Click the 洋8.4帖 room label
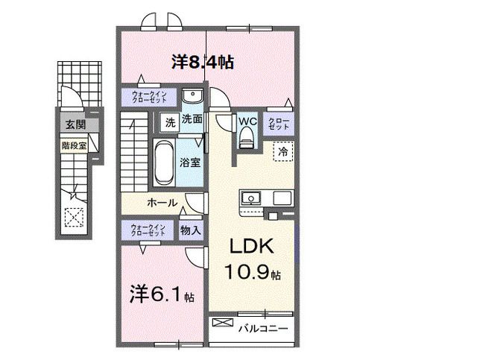pyautogui.click(x=202, y=63)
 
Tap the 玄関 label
pyautogui.click(x=73, y=124)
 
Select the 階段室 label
pyautogui.click(x=74, y=146)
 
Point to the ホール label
pyautogui.click(x=161, y=202)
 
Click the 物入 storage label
pyautogui.click(x=191, y=230)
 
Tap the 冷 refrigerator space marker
pyautogui.click(x=284, y=151)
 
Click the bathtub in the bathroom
pyautogui.click(x=163, y=162)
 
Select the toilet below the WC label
pyautogui.click(x=247, y=138)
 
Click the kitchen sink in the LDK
pyautogui.click(x=250, y=199)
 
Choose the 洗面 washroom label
pyautogui.click(x=192, y=119)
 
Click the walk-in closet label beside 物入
pyautogui.click(x=148, y=230)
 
